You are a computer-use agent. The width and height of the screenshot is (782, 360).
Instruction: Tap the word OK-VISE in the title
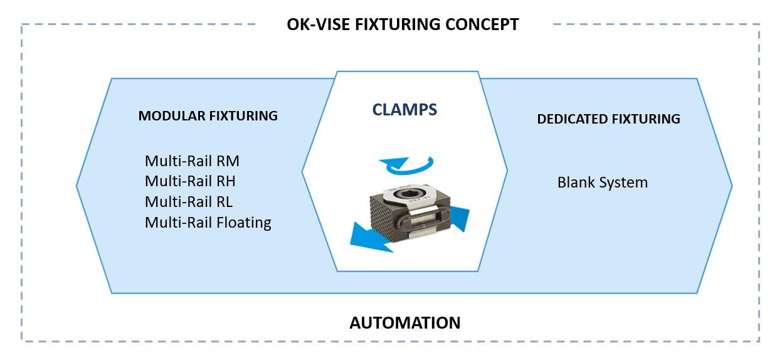click(x=318, y=24)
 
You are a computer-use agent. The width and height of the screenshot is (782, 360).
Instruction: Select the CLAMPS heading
click(x=404, y=110)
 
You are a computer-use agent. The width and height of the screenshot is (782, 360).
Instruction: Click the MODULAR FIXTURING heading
click(x=208, y=116)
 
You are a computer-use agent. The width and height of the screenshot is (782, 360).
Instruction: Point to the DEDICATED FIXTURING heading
click(x=608, y=119)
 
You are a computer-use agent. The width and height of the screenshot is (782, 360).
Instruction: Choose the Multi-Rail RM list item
click(x=192, y=161)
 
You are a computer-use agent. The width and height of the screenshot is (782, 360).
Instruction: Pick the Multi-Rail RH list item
click(x=190, y=181)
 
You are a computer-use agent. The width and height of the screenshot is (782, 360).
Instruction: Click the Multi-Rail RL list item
click(x=189, y=202)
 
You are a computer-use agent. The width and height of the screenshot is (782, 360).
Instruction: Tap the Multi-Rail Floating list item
click(x=208, y=223)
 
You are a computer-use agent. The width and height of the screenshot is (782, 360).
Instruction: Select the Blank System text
click(x=603, y=183)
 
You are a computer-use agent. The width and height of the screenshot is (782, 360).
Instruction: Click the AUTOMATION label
click(x=405, y=322)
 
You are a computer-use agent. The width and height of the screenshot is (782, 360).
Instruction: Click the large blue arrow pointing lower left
click(x=370, y=238)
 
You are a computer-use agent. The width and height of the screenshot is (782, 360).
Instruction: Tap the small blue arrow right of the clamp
click(x=460, y=218)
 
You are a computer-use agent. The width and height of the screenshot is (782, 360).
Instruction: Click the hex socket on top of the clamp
click(x=407, y=194)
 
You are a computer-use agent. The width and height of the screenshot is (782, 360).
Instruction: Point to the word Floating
click(x=244, y=223)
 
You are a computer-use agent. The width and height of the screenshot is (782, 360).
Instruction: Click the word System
click(x=623, y=183)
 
